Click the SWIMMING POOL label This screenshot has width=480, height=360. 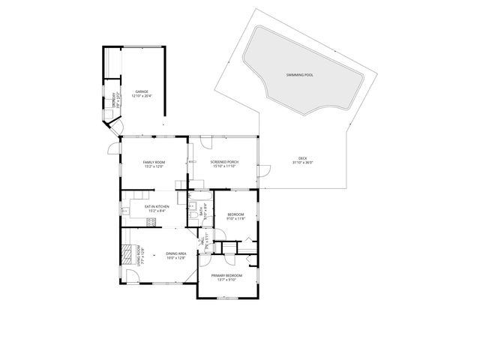click(x=300, y=76)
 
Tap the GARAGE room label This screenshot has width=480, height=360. click(x=142, y=91)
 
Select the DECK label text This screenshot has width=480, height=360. click(x=302, y=157)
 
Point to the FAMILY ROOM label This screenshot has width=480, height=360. click(x=154, y=162)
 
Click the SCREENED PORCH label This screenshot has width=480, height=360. click(x=223, y=162)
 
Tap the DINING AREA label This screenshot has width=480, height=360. click(x=175, y=253)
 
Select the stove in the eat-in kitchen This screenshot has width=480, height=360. click(x=129, y=222)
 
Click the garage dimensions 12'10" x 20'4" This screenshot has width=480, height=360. click(x=142, y=96)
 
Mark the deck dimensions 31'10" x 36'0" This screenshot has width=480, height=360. click(x=302, y=162)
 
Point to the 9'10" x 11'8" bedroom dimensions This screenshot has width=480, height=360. click(x=236, y=219)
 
